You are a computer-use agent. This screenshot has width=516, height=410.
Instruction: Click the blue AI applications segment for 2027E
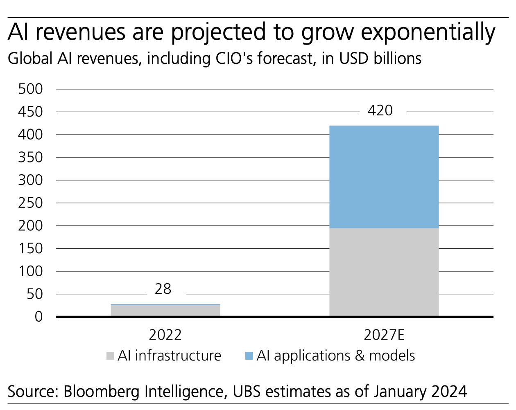tap(384, 176)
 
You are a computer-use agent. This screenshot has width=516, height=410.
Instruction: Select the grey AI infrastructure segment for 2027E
tap(384, 272)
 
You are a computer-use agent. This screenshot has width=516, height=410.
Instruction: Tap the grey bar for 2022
tap(165, 311)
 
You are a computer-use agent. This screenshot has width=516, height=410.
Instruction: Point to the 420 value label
tap(380, 110)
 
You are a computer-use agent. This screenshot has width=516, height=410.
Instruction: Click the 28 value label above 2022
tap(163, 289)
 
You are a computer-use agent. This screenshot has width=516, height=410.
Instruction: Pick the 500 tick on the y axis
tap(31, 89)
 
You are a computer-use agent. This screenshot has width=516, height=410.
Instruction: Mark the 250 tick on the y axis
tap(31, 203)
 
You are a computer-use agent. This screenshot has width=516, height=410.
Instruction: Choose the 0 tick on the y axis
tap(38, 316)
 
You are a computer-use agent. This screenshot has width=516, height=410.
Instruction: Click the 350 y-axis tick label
tap(31, 157)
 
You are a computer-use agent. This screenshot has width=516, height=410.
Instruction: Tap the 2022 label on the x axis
tap(165, 335)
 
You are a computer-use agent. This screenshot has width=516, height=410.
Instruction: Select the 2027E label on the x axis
tap(384, 335)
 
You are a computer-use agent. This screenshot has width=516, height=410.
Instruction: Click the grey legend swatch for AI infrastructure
tap(110, 356)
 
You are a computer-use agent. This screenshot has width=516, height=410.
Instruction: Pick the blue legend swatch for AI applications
tap(249, 356)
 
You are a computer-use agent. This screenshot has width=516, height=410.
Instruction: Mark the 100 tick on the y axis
tap(31, 271)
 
